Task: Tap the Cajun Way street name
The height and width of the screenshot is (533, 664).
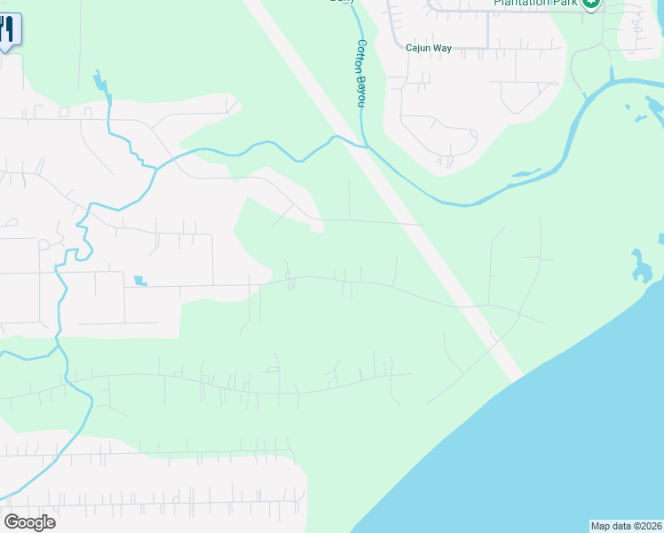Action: [429, 48]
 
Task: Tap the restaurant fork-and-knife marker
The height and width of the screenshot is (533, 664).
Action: [7, 28]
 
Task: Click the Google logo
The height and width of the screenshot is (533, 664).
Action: [29, 522]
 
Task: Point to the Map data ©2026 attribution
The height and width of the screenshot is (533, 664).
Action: [627, 526]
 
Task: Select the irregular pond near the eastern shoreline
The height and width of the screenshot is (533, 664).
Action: [639, 265]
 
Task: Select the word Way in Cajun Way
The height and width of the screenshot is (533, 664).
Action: [443, 48]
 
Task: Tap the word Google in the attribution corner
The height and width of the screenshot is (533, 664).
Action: [29, 522]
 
